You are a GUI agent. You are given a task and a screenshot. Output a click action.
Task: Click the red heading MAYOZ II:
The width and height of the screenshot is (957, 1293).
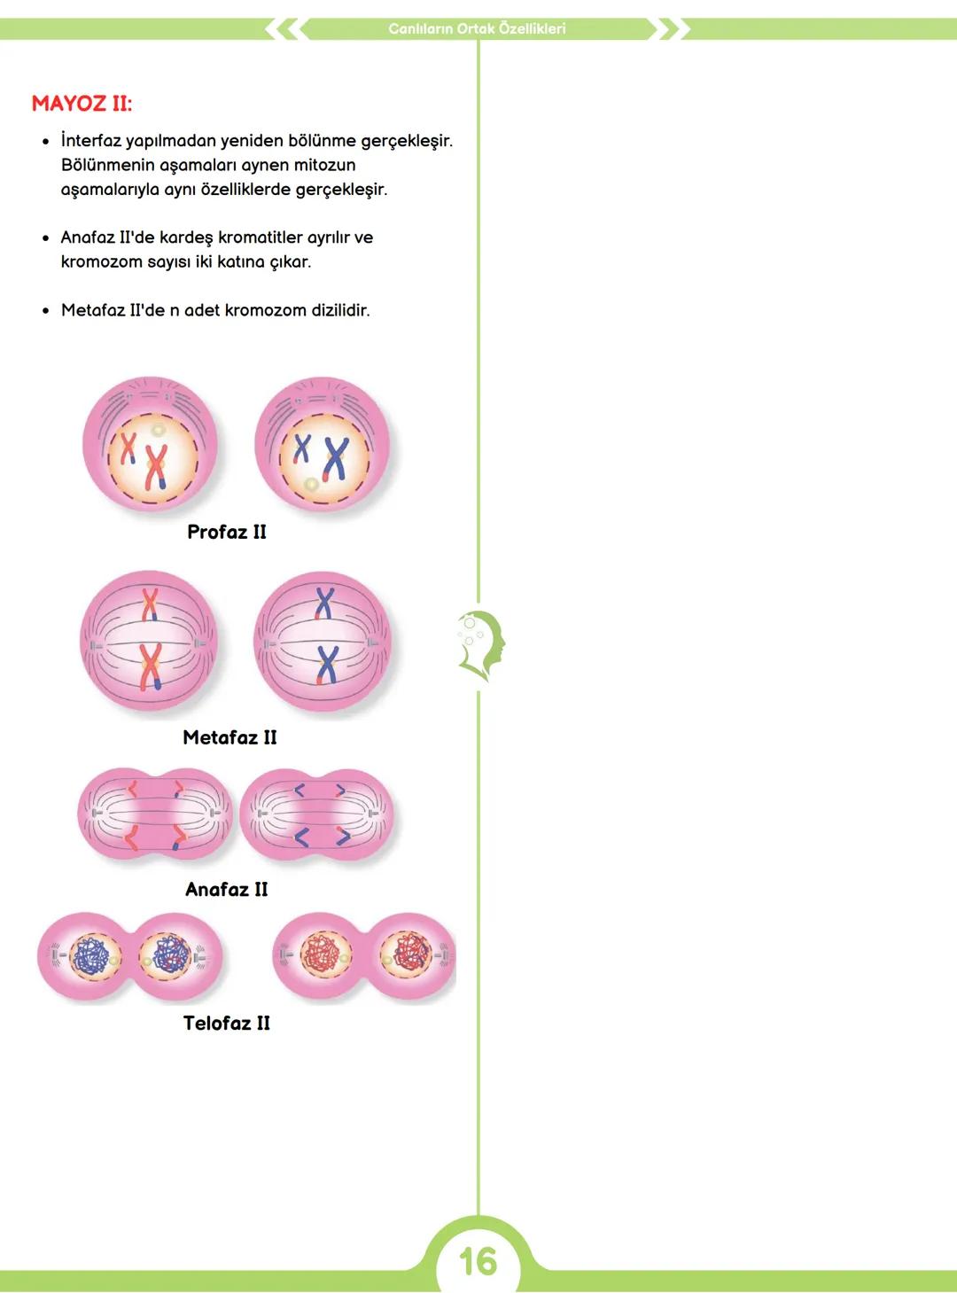coord(82,104)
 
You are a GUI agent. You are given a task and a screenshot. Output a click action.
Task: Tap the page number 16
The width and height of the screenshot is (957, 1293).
coord(478,1260)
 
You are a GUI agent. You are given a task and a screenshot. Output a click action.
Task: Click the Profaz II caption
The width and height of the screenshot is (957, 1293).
coord(227,532)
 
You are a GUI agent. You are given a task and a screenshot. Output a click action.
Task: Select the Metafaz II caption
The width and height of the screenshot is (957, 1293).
coord(230,737)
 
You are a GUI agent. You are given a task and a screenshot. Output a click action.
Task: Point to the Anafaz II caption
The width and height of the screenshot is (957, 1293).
coord(226,889)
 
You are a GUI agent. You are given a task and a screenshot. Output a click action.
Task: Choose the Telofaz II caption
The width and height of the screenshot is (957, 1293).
coord(226,1023)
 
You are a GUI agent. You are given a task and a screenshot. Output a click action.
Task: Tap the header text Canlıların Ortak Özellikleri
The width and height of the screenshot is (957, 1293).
coord(477,28)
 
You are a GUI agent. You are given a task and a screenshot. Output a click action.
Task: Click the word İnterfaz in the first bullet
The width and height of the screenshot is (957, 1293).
coord(90,141)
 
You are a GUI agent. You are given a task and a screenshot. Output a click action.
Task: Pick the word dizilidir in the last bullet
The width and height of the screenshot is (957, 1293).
coord(340,310)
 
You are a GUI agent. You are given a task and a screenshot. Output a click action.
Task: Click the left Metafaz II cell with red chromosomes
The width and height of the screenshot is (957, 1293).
coord(148,642)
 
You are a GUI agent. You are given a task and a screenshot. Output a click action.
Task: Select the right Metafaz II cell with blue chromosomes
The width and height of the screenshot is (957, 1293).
coord(322,642)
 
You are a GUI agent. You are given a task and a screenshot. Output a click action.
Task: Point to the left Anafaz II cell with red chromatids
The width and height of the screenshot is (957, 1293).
coord(154,814)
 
